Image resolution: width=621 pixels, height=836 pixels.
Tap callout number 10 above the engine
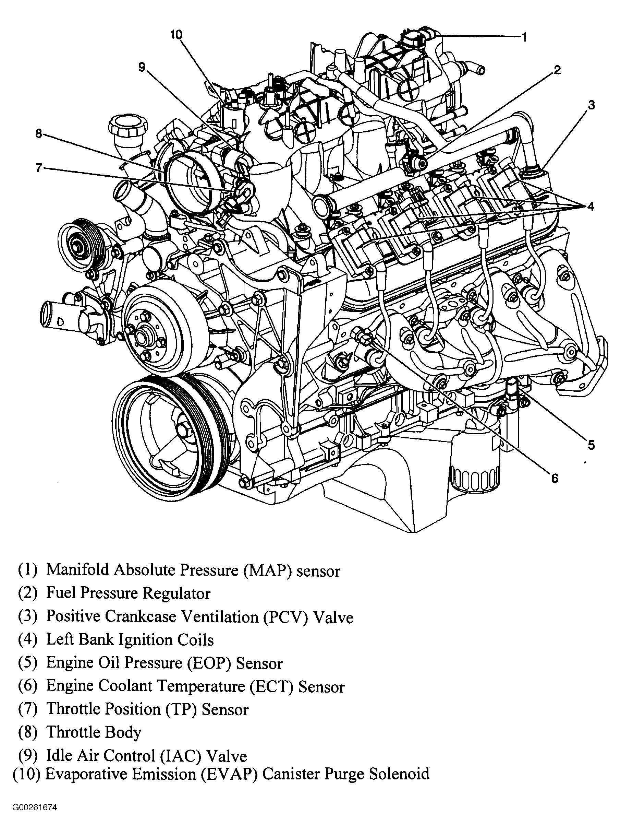point(176,35)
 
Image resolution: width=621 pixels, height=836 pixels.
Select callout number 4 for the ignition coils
point(590,206)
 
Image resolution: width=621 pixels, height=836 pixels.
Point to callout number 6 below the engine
point(555,478)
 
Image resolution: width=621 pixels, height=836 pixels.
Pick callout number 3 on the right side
point(591,105)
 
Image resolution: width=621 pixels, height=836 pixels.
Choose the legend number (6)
point(27,686)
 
